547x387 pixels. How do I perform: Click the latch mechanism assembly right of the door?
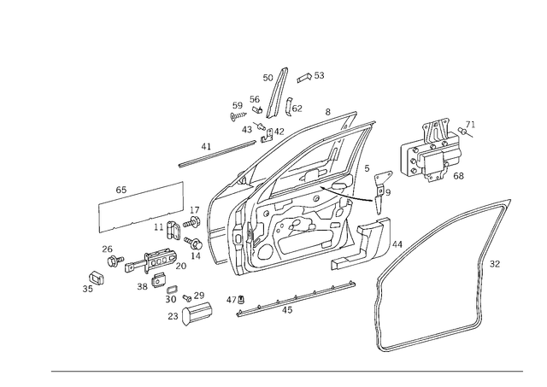[x=436, y=151]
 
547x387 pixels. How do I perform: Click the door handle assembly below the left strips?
[x=137, y=260]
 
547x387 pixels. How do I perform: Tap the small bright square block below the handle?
[x=170, y=290]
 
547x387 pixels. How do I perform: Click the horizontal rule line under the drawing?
[x=286, y=369]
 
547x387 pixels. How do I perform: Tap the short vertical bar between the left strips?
[x=183, y=205]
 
